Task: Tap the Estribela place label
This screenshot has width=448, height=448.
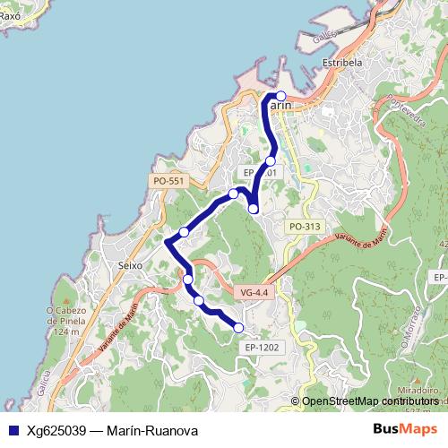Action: pyautogui.click(x=341, y=64)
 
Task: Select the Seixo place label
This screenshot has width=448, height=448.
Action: pyautogui.click(x=131, y=265)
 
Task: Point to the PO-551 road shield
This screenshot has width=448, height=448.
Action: pyautogui.click(x=168, y=181)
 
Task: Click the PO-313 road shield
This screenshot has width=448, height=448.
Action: pyautogui.click(x=305, y=227)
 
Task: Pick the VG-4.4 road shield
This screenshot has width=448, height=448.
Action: pyautogui.click(x=254, y=292)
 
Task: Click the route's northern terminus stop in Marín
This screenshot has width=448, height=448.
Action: pyautogui.click(x=280, y=96)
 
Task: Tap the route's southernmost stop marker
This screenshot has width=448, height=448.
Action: pyautogui.click(x=239, y=328)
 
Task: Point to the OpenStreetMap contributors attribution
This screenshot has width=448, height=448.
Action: pyautogui.click(x=369, y=401)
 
